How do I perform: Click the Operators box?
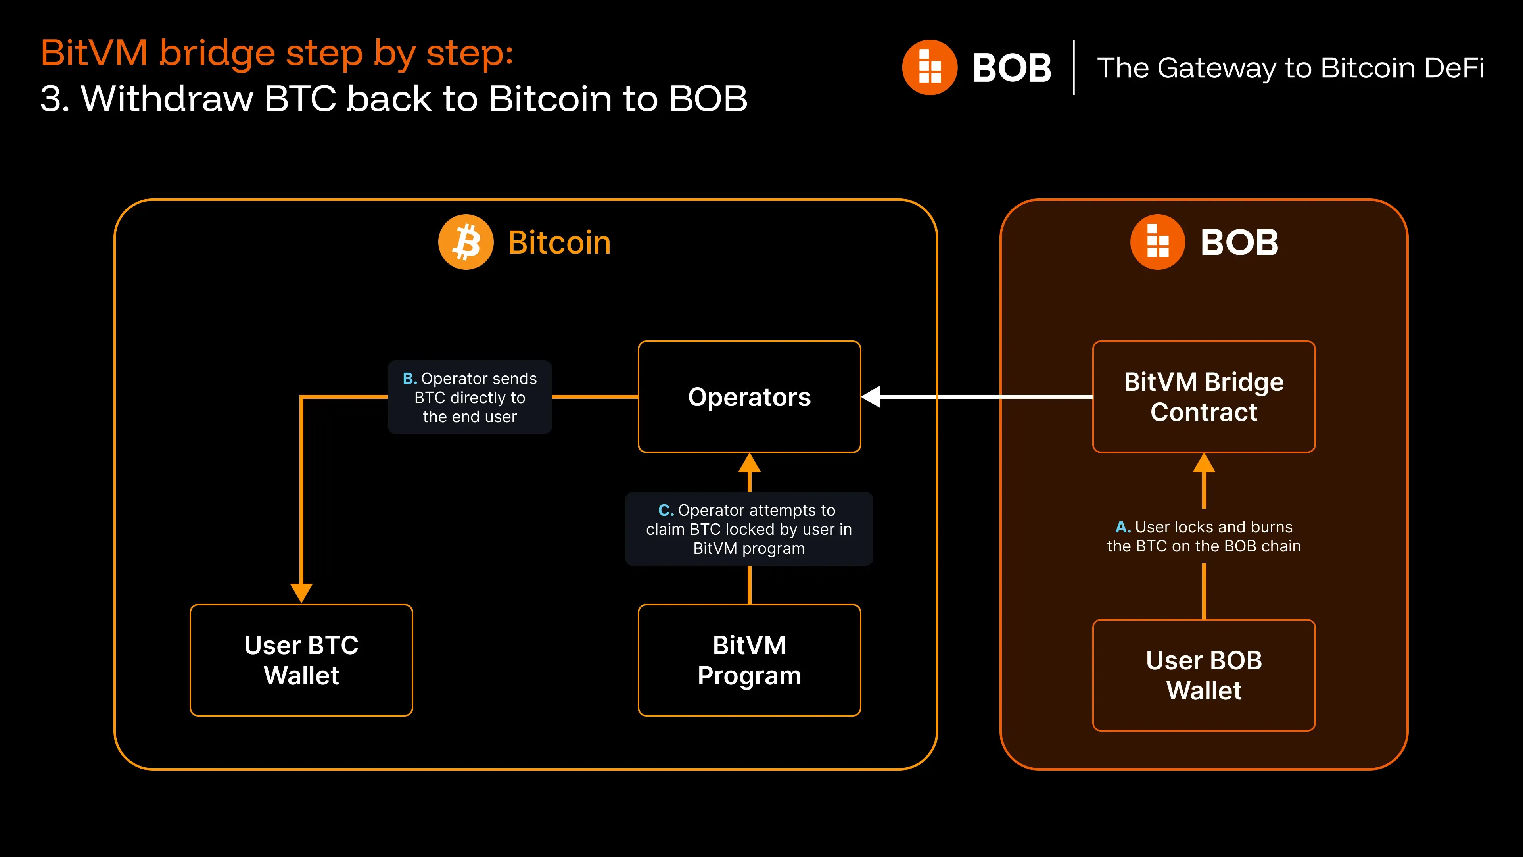point(749,397)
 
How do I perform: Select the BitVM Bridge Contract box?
point(1204,397)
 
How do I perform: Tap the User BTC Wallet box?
point(301,660)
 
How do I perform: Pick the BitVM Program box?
point(749,660)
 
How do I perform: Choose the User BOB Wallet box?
point(1204,675)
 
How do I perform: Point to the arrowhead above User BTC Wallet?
point(301,592)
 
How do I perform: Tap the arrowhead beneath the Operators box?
point(750,463)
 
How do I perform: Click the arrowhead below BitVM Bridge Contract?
point(1204,463)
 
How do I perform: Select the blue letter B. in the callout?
point(410,379)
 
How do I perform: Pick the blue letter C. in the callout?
point(666,510)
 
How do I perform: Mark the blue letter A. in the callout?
point(1123,526)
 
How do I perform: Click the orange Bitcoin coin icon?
point(466,242)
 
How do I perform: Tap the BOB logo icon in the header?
point(929,67)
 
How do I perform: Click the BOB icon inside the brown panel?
point(1158,242)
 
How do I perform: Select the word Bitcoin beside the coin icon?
point(559,242)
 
